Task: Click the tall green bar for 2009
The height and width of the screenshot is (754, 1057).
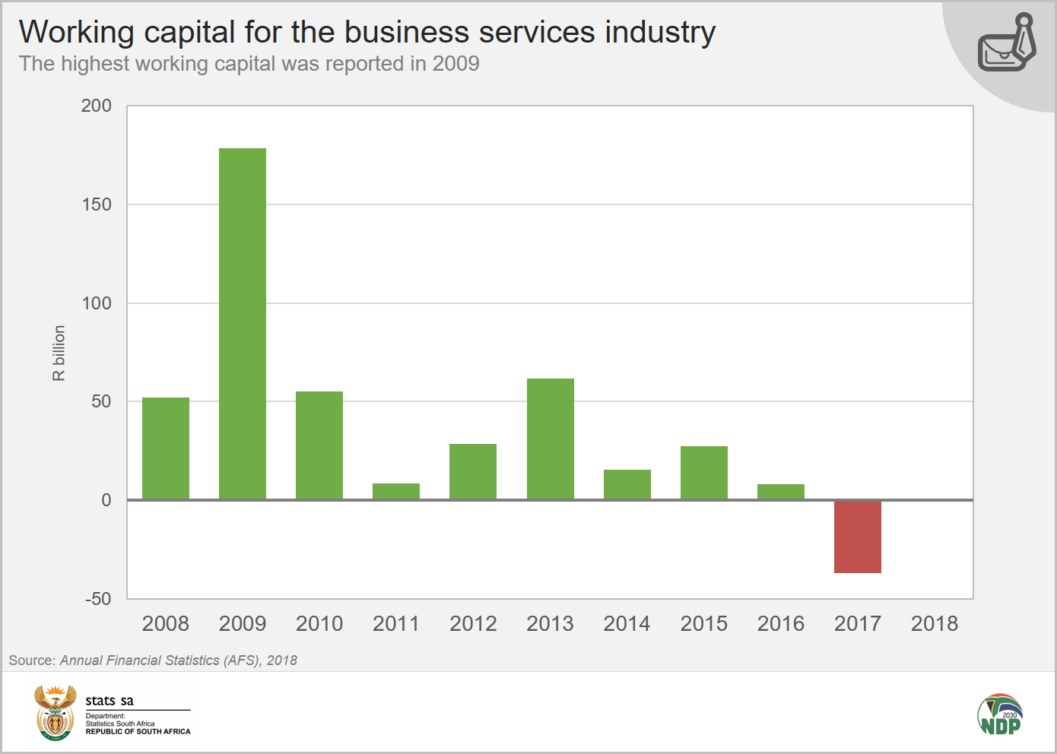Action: pos(243,324)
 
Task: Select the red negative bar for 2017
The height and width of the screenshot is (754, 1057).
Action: pos(857,537)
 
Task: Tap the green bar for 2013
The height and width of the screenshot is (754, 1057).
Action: pos(550,439)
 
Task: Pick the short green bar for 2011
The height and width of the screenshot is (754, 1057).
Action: pos(396,491)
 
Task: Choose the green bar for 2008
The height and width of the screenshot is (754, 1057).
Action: pos(166,448)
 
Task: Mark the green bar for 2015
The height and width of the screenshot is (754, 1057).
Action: pos(703,473)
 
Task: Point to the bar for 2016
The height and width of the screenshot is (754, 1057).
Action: pos(780,492)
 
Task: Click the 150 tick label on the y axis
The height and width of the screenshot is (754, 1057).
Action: pos(97,204)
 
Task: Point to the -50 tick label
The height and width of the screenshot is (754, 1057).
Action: pos(98,599)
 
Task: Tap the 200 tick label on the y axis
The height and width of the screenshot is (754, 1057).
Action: pos(97,106)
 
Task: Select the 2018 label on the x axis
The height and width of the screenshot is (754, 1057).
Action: pos(934,624)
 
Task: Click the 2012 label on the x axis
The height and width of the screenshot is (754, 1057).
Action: pos(473,624)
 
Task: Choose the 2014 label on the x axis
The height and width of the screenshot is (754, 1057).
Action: pos(627,624)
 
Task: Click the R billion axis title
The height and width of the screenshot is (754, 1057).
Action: pos(59,353)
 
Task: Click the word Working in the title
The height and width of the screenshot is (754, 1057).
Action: pos(76,33)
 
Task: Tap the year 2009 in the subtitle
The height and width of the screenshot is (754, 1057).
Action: pos(455,64)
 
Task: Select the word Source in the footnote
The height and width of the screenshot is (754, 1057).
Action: pos(30,661)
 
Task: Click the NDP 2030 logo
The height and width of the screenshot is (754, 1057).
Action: pos(1000,714)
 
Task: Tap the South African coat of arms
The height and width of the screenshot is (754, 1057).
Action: pos(55,712)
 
